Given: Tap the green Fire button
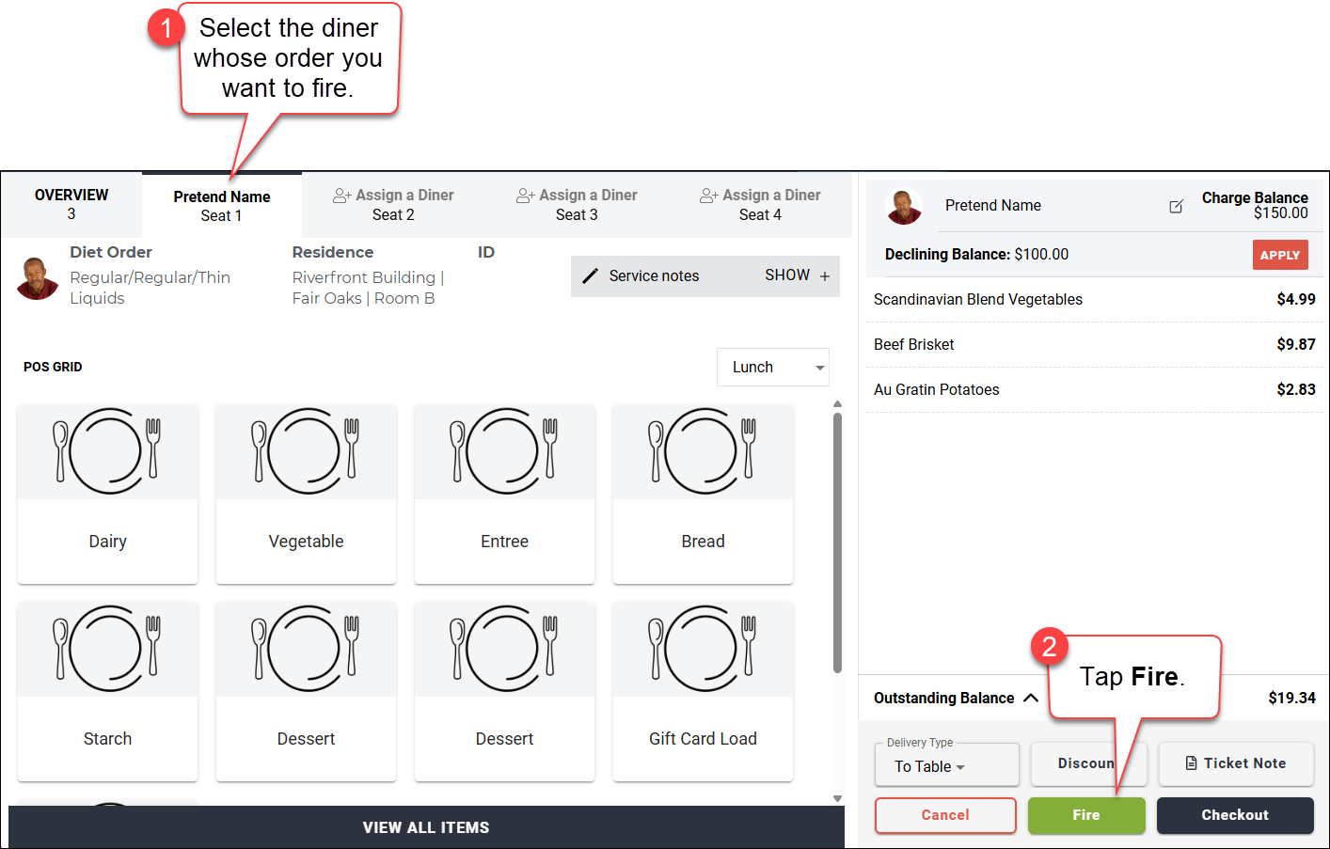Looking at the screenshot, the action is pos(1086,815).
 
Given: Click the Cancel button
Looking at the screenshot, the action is pos(945,815).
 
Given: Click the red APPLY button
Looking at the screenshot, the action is pos(1280,255).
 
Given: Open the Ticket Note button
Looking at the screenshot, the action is pos(1236,763).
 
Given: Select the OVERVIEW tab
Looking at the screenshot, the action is pos(71,204).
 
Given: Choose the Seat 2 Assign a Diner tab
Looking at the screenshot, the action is pos(393,204).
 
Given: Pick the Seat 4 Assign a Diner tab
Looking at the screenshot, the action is pos(760,204).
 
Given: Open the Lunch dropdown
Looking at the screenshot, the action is pos(773,367).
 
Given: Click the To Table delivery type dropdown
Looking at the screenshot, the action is pos(947,766).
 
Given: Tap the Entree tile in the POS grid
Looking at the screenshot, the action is pos(505,495).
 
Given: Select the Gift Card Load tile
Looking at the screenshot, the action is pos(703,692).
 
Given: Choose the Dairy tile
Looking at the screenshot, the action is pos(107,495).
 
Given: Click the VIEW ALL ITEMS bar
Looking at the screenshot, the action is pos(426,827).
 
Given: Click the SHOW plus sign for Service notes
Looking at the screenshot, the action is pos(825,276).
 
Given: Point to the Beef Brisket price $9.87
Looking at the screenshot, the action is pos(1296,344).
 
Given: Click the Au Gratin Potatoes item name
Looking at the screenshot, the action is pos(936,389).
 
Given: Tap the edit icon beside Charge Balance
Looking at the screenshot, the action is pos(1177,206).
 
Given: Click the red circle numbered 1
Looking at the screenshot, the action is pos(166,28).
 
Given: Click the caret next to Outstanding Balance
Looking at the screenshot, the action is pos(1031,699).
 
